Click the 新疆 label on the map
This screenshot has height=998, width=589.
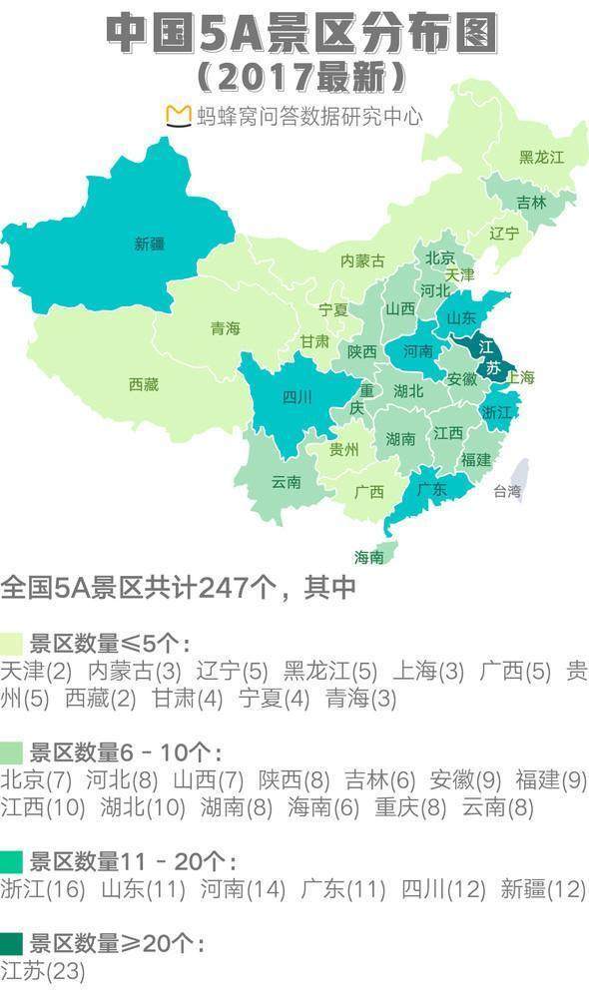[150, 244]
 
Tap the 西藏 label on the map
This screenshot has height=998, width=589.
[144, 384]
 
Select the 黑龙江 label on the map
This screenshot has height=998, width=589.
[541, 158]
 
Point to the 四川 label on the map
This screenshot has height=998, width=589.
[297, 397]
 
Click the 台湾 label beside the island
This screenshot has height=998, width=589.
[507, 491]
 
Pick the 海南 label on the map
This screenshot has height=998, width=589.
[370, 557]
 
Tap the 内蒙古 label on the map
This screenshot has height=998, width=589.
[362, 260]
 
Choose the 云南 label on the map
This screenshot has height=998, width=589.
[287, 482]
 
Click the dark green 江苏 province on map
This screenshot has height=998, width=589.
[488, 358]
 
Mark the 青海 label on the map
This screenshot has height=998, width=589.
[226, 328]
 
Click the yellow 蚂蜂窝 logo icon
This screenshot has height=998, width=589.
[178, 115]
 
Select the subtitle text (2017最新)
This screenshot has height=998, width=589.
[299, 76]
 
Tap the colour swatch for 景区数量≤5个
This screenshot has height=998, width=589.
[12, 642]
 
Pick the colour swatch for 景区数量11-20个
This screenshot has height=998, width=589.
[12, 861]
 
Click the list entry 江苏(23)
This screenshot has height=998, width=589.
[43, 971]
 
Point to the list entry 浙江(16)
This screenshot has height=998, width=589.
[44, 889]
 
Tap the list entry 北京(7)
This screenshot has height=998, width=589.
[37, 779]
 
